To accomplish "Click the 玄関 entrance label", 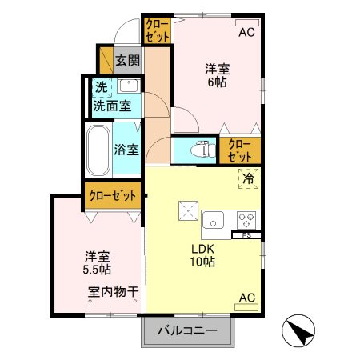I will click(126, 59).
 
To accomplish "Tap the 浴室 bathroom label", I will click(126, 148).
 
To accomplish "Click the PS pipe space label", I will click(246, 235).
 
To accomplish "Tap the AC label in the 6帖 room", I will click(246, 33).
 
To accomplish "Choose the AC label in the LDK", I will click(247, 299).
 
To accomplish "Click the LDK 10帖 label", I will click(202, 255).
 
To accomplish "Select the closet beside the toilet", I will click(240, 150).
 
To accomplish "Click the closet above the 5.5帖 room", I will click(114, 195).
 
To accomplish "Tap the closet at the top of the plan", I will click(156, 30).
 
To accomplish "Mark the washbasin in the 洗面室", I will click(128, 86).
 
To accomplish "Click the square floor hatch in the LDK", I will click(190, 210).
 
